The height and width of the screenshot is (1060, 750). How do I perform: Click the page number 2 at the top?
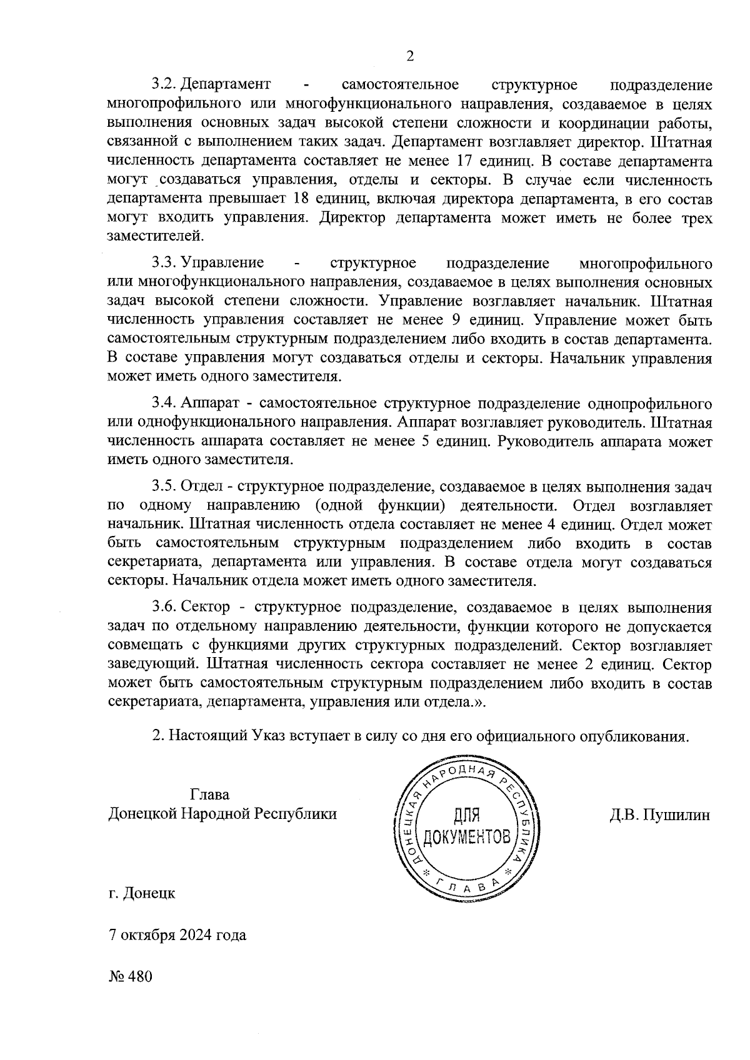pos(410,56)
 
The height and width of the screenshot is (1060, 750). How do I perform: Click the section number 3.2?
pos(166,84)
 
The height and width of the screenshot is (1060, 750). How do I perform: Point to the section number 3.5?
pos(166,485)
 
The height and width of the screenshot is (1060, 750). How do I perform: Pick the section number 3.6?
pos(166,607)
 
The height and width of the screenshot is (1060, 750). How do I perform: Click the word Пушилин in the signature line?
pos(680,815)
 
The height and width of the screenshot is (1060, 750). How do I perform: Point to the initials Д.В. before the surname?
pos(627,815)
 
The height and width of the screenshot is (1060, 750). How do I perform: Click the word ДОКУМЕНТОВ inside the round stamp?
pos(467,836)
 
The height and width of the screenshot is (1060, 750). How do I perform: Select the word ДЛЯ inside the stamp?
pos(467,815)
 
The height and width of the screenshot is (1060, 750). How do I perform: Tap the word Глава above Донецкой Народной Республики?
pos(209,795)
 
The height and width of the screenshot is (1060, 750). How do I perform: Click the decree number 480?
pos(140,976)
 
